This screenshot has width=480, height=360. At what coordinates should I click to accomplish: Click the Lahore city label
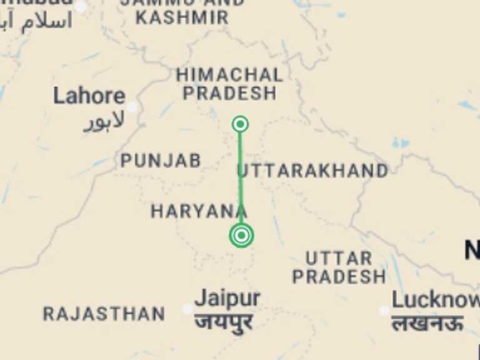click(x=89, y=96)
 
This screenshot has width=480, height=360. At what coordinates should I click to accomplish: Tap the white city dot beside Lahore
click(x=132, y=107)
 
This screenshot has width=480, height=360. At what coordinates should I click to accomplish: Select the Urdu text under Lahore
click(x=104, y=121)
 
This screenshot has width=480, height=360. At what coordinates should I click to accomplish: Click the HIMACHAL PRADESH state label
click(x=229, y=84)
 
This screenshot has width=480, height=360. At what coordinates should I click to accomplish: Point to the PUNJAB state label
click(x=161, y=161)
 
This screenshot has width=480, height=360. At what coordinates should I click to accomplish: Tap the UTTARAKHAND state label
click(x=312, y=171)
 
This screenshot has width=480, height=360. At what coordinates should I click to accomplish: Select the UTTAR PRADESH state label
click(x=339, y=267)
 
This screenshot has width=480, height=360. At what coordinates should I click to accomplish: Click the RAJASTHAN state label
click(x=104, y=314)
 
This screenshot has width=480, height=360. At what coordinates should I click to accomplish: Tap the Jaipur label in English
click(x=227, y=298)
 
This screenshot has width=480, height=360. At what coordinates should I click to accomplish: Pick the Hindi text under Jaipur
click(x=224, y=323)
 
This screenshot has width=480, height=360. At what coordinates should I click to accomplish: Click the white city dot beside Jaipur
click(x=187, y=309)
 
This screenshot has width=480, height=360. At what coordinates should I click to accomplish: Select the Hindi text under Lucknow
click(x=427, y=323)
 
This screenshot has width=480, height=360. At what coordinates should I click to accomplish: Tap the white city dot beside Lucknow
click(x=384, y=311)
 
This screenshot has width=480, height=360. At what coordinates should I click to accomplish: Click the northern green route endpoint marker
click(x=240, y=124)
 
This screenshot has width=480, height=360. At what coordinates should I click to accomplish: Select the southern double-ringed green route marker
click(x=241, y=236)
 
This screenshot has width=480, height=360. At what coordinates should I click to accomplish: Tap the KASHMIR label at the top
click(x=182, y=17)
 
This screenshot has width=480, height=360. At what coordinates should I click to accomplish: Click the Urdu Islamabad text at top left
click(x=37, y=22)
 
